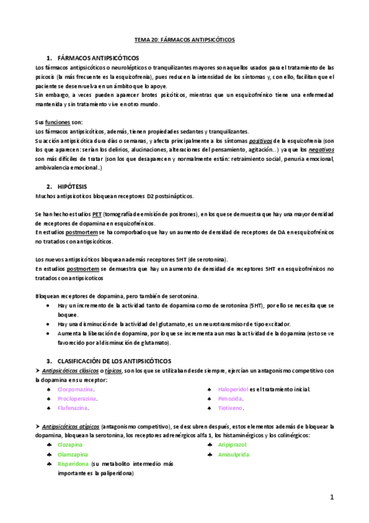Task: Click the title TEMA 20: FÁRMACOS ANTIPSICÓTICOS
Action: coord(184,39)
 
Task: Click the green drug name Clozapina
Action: coord(70,444)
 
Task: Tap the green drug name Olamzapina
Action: coord(73,454)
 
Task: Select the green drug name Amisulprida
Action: coord(233,454)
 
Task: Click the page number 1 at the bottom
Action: coord(331,496)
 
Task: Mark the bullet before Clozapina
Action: coord(49,444)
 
